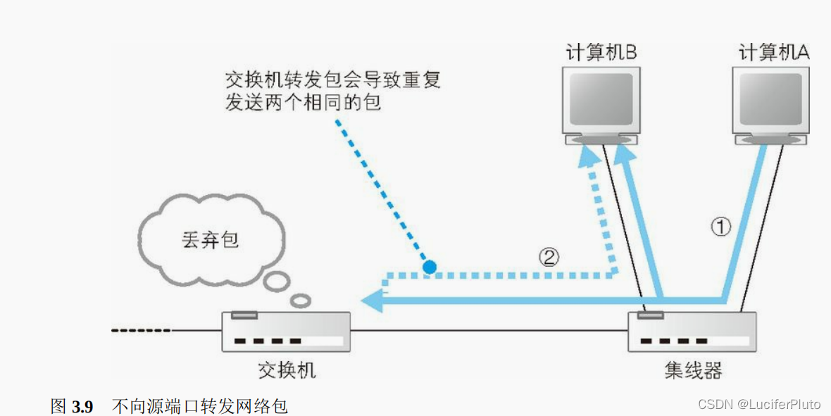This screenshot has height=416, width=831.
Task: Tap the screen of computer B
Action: pos(601,99)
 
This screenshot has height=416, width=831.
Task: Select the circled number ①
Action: pos(720,227)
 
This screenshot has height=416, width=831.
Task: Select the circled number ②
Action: pos(549,257)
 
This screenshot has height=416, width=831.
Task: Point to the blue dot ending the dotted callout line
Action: pos(428,267)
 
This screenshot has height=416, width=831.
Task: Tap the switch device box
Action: pos(286,332)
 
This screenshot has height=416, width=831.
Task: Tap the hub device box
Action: pos(692,332)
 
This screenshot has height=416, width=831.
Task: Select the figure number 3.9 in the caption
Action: pos(82,406)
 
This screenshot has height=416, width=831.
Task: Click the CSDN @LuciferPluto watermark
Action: pos(758,404)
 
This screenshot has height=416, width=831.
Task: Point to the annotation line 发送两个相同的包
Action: pos(303,102)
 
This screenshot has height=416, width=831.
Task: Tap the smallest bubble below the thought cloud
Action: pos(301,301)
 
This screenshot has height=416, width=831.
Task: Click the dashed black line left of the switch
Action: pos(141,330)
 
